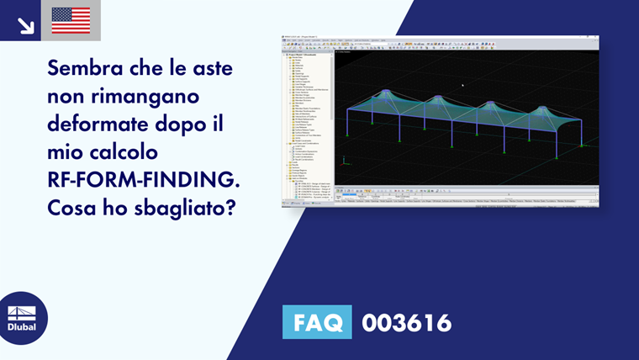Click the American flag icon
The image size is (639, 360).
pyautogui.click(x=71, y=20)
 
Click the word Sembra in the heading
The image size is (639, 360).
pyautogui.click(x=87, y=66)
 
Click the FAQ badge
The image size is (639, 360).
pyautogui.click(x=317, y=322)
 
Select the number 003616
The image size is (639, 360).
pyautogui.click(x=406, y=322)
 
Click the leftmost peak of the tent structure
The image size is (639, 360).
pyautogui.click(x=386, y=92)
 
